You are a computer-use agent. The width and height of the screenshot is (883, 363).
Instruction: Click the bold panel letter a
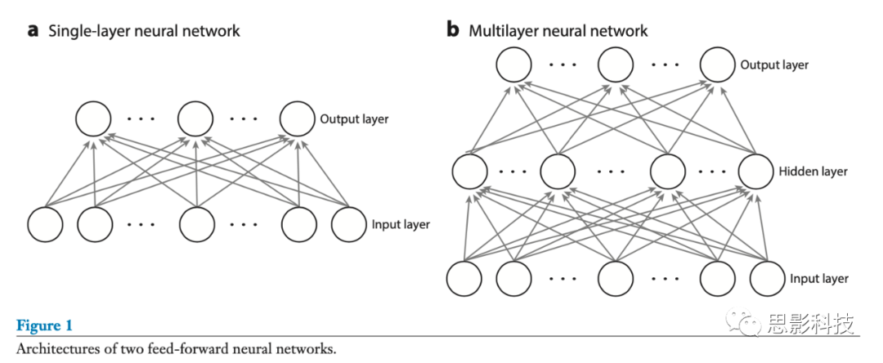[34, 31]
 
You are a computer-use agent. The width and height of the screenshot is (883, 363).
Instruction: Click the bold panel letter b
[452, 30]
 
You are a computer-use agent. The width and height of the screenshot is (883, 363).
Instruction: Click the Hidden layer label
[814, 172]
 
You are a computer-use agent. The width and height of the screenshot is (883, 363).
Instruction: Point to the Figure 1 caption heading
[44, 325]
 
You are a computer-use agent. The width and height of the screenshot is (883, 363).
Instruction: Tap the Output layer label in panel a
[353, 119]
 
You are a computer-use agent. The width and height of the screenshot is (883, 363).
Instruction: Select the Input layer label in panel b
[819, 279]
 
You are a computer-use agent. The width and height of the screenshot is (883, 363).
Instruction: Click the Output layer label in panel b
[774, 65]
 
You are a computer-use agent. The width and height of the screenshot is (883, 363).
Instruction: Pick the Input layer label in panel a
[401, 224]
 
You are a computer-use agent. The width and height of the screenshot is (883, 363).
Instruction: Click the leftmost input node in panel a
[45, 225]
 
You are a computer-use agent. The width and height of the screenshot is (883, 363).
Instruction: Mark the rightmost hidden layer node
[755, 172]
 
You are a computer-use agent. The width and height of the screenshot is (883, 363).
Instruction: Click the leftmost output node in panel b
[516, 64]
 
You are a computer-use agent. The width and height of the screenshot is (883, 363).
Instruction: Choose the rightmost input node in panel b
[769, 279]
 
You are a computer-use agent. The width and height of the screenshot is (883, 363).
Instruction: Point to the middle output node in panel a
[196, 119]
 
